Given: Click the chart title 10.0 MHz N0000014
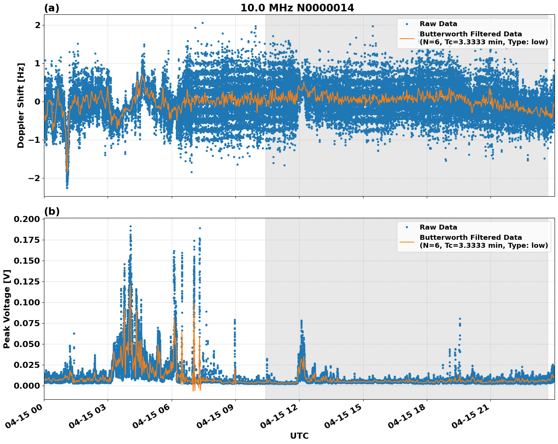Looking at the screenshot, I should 297,8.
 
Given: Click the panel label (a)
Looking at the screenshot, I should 52,8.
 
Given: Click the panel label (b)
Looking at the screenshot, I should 52,211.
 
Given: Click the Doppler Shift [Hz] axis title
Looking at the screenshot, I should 21,105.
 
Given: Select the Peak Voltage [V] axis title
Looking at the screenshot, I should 7,309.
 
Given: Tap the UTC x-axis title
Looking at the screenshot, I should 299,436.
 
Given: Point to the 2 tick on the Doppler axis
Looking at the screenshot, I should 38,25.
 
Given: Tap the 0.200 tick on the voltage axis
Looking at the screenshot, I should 27,219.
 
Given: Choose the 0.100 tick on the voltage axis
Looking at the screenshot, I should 27,302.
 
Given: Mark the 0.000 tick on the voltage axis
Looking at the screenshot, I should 27,386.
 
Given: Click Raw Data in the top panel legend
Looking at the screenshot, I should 438,24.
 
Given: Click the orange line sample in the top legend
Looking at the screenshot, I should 407,38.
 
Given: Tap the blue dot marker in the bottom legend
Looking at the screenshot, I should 407,227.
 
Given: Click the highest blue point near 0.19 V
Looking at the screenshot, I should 130,226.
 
